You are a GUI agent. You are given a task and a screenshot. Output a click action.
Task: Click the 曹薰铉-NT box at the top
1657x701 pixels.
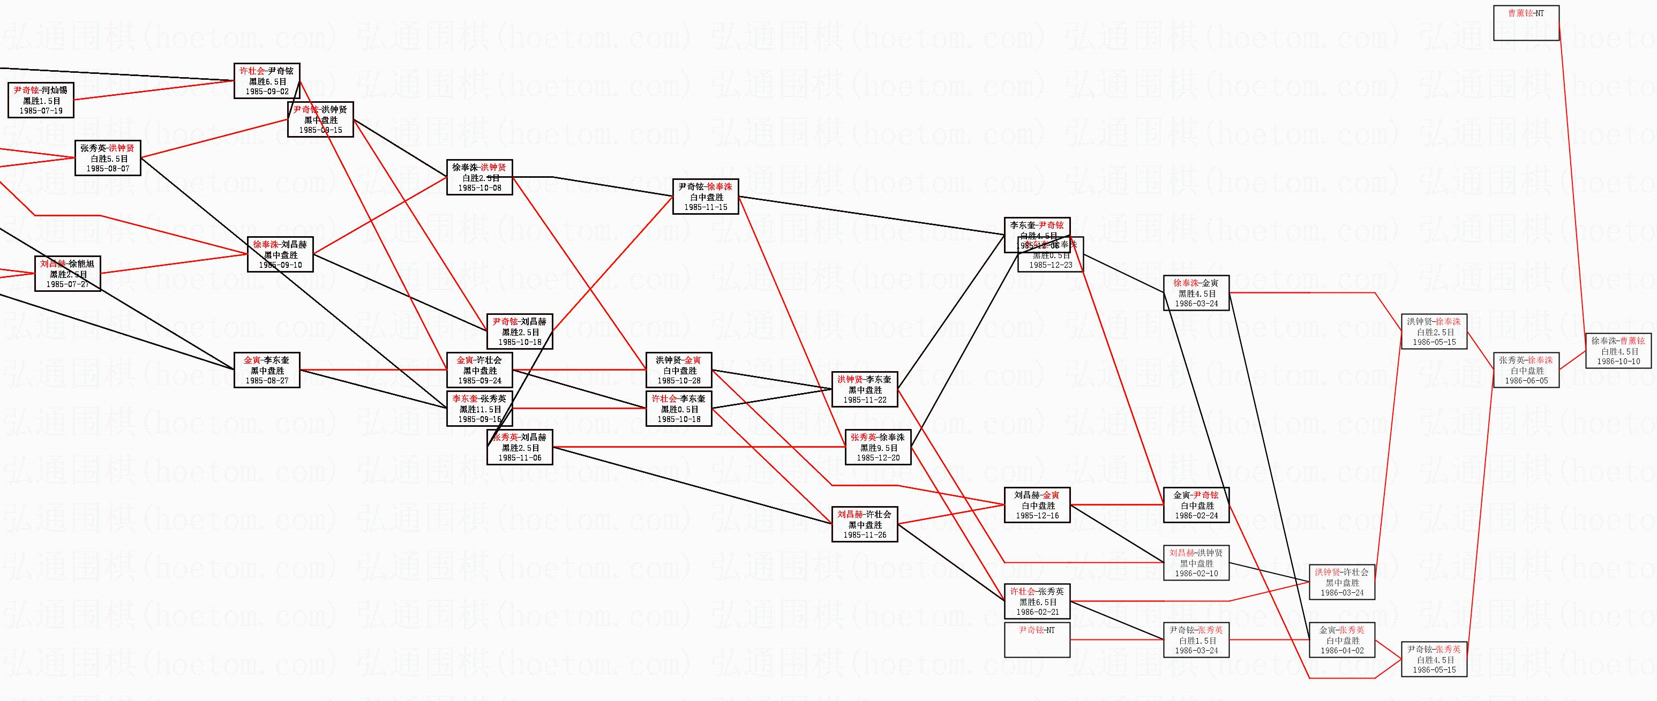point(1526,22)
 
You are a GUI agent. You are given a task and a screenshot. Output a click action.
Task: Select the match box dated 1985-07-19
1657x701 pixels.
point(41,100)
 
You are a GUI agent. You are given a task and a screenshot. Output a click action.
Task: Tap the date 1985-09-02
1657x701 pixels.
point(266,92)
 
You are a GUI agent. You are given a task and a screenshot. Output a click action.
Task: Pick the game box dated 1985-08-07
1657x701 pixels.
point(108,158)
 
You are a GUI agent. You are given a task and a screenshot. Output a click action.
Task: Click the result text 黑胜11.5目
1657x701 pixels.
point(480,409)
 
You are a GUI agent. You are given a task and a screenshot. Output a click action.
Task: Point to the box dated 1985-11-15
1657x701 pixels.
point(706,197)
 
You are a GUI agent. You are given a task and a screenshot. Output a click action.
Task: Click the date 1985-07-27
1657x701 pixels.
point(68,284)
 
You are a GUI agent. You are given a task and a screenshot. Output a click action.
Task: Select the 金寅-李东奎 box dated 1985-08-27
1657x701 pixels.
point(267,371)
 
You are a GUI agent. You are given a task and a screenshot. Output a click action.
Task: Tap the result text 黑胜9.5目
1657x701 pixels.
point(878,448)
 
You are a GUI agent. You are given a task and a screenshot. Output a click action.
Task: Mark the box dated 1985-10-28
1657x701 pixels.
point(679,371)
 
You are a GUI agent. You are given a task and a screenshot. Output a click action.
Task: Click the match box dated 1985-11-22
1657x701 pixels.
point(865,390)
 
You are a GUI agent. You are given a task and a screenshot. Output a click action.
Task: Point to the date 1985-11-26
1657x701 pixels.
point(865,535)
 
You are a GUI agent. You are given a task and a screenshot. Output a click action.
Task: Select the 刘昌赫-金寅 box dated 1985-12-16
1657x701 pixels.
point(1037,506)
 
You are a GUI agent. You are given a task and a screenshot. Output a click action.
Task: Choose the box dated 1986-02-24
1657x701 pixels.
point(1196,506)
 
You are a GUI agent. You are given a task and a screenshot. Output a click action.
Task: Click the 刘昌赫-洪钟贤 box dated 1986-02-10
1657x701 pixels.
point(1196,563)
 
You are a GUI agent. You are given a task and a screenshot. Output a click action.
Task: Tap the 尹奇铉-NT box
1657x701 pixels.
point(1037,640)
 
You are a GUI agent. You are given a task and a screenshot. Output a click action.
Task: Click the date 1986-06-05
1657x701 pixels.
point(1526,381)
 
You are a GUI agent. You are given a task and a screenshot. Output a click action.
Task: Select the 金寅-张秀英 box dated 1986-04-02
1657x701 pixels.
point(1342,640)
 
